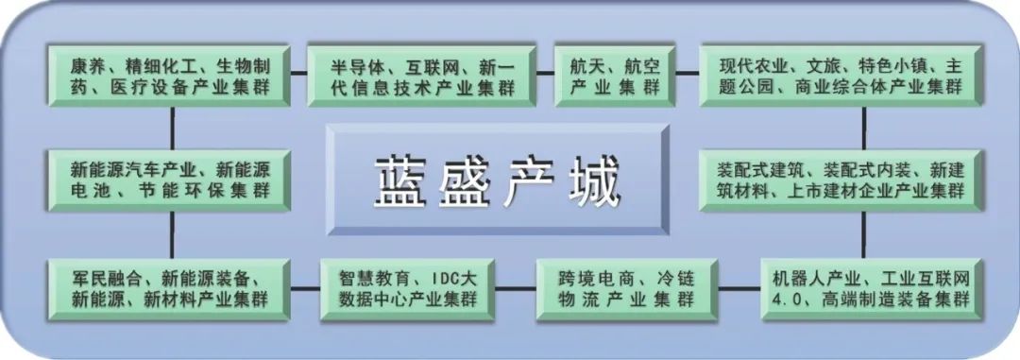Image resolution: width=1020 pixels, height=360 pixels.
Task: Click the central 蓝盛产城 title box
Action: (498, 180)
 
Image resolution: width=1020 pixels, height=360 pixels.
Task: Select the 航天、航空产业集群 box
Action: (614, 76)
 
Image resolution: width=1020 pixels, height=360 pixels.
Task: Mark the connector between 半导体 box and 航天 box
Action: (545, 74)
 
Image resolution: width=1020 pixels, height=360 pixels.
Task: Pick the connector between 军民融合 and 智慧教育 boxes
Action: (304, 287)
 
